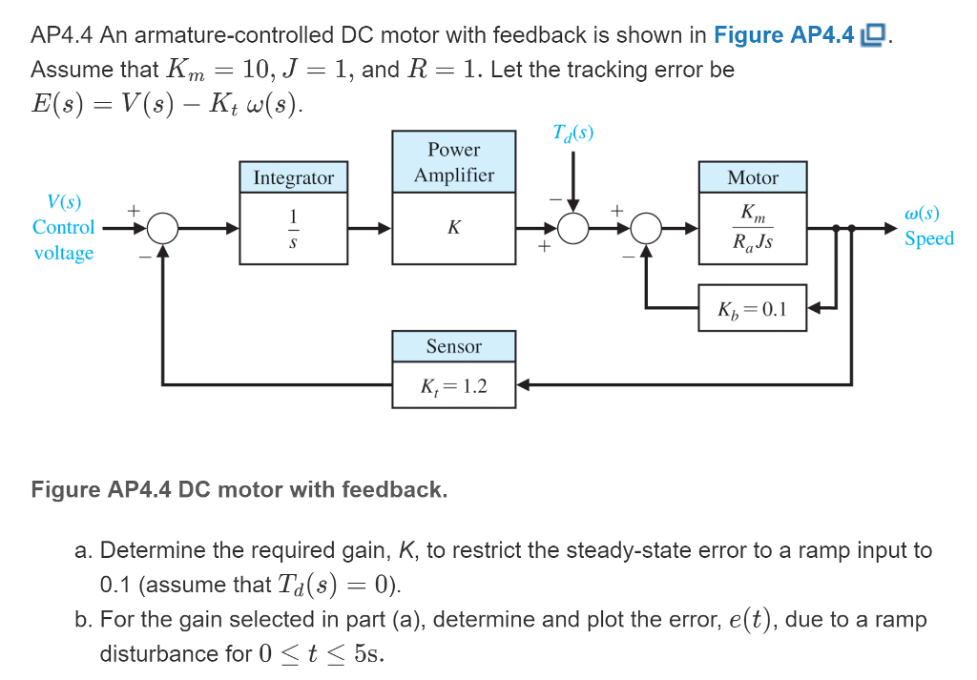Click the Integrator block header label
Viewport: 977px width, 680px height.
point(294,178)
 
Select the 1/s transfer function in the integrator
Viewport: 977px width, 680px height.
point(294,230)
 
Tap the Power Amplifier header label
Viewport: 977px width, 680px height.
point(454,162)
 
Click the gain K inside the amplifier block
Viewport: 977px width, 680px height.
point(454,229)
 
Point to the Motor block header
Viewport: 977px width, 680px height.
point(753,178)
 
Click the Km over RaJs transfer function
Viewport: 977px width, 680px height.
point(753,230)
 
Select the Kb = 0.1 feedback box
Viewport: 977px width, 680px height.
point(753,308)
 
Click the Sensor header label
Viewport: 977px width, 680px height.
point(454,346)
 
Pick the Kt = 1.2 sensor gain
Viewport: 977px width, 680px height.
point(454,386)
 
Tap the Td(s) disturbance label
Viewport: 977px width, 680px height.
point(572,133)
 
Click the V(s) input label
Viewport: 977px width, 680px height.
point(64,202)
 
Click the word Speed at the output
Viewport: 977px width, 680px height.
point(929,238)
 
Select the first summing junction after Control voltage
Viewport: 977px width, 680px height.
point(163,229)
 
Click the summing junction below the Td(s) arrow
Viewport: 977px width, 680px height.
point(573,229)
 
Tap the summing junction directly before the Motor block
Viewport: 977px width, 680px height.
point(648,229)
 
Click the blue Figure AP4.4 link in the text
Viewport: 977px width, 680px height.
point(784,35)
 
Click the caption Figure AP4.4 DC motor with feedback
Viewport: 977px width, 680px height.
point(239,489)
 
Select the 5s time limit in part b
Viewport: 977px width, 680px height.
point(367,653)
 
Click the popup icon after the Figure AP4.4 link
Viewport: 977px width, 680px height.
point(873,35)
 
